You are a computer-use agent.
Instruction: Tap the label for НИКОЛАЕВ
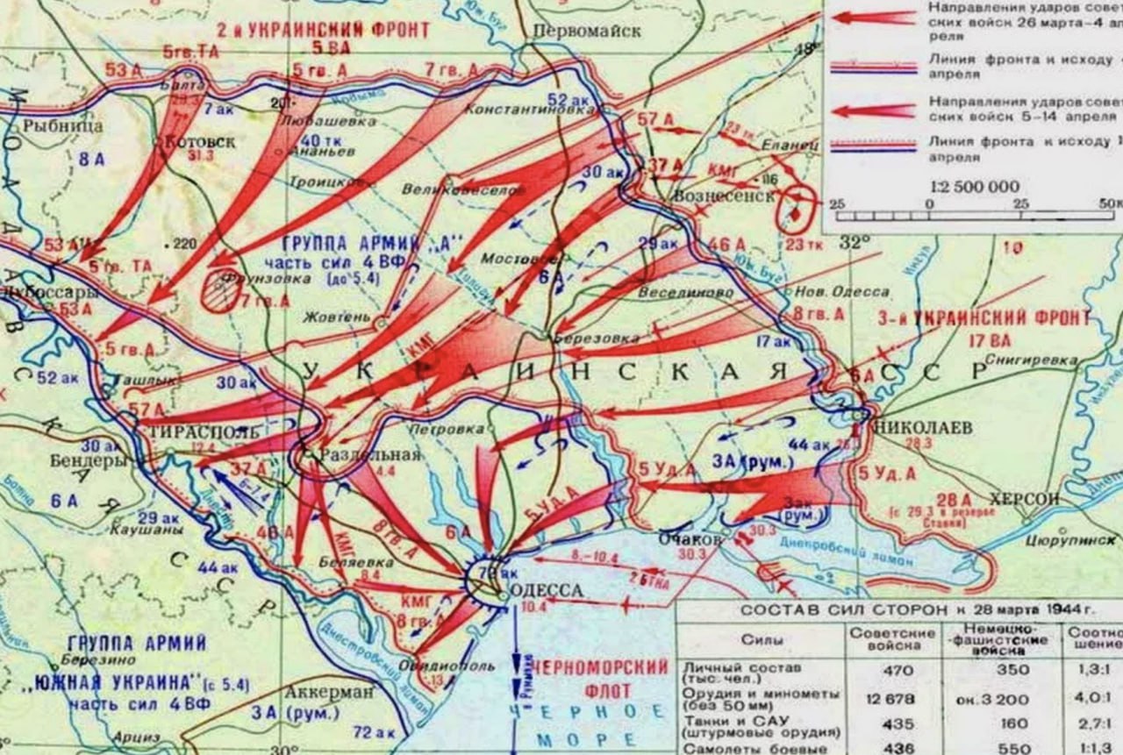pyautogui.click(x=923, y=427)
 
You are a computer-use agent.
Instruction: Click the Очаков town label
pyautogui.click(x=690, y=540)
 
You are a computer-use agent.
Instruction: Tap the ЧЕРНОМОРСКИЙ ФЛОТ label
pyautogui.click(x=602, y=667)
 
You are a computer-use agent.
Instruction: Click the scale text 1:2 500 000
pyautogui.click(x=974, y=186)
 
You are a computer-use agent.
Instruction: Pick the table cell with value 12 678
pyautogui.click(x=893, y=699)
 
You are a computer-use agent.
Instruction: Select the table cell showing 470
pyautogui.click(x=895, y=671)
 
